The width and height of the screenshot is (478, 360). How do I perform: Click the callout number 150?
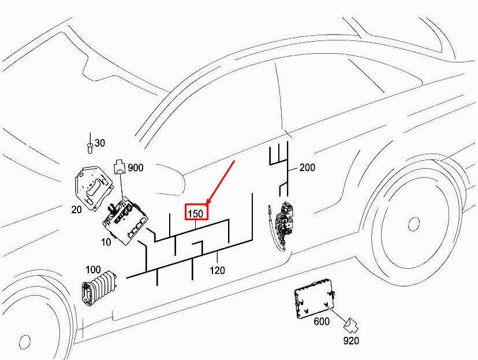(x=195, y=214)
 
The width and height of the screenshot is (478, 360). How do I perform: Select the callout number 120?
(x=218, y=270)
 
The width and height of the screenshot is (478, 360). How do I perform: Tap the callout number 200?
(x=307, y=167)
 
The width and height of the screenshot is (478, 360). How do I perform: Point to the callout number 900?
(x=136, y=168)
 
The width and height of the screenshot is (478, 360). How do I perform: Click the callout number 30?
(x=100, y=143)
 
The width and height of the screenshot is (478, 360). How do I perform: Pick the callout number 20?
(x=77, y=210)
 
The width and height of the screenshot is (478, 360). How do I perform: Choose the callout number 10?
(x=106, y=242)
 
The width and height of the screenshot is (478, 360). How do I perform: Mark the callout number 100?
(x=93, y=270)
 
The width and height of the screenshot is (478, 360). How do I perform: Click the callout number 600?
(x=322, y=321)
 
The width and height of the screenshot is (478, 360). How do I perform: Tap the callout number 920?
(x=351, y=341)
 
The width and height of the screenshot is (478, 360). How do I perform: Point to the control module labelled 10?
(x=125, y=220)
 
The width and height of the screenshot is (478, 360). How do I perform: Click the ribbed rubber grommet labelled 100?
(x=99, y=287)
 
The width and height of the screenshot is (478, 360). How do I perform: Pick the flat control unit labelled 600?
(x=315, y=298)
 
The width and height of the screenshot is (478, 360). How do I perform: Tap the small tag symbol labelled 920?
(x=351, y=326)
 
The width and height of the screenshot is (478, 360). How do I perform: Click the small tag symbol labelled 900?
(x=119, y=167)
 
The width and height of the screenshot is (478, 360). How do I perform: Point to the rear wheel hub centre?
(x=414, y=224)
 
